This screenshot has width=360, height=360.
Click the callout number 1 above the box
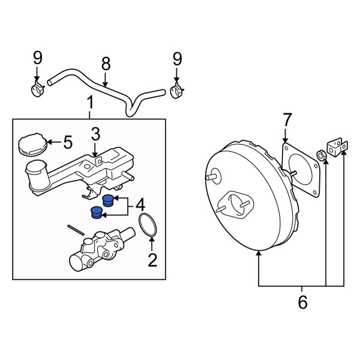coord(90,103)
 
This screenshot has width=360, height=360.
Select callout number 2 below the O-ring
coord(152,260)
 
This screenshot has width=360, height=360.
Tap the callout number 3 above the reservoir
coord(96,133)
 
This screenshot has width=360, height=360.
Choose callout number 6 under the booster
coord(302,302)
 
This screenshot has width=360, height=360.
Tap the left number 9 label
coord(37,58)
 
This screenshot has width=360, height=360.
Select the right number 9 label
coord(176,58)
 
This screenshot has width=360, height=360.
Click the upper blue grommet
coord(108,201)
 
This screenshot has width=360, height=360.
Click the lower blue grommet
coord(96,212)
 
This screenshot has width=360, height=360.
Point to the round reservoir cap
coord(31,145)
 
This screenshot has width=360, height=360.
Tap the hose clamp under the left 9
coord(38,91)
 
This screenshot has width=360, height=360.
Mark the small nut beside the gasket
coord(322,156)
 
